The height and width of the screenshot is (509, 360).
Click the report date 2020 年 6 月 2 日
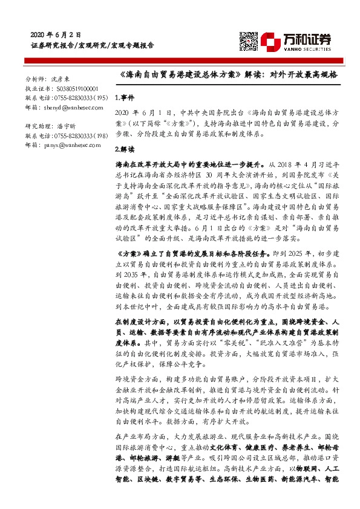tap(55, 34)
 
